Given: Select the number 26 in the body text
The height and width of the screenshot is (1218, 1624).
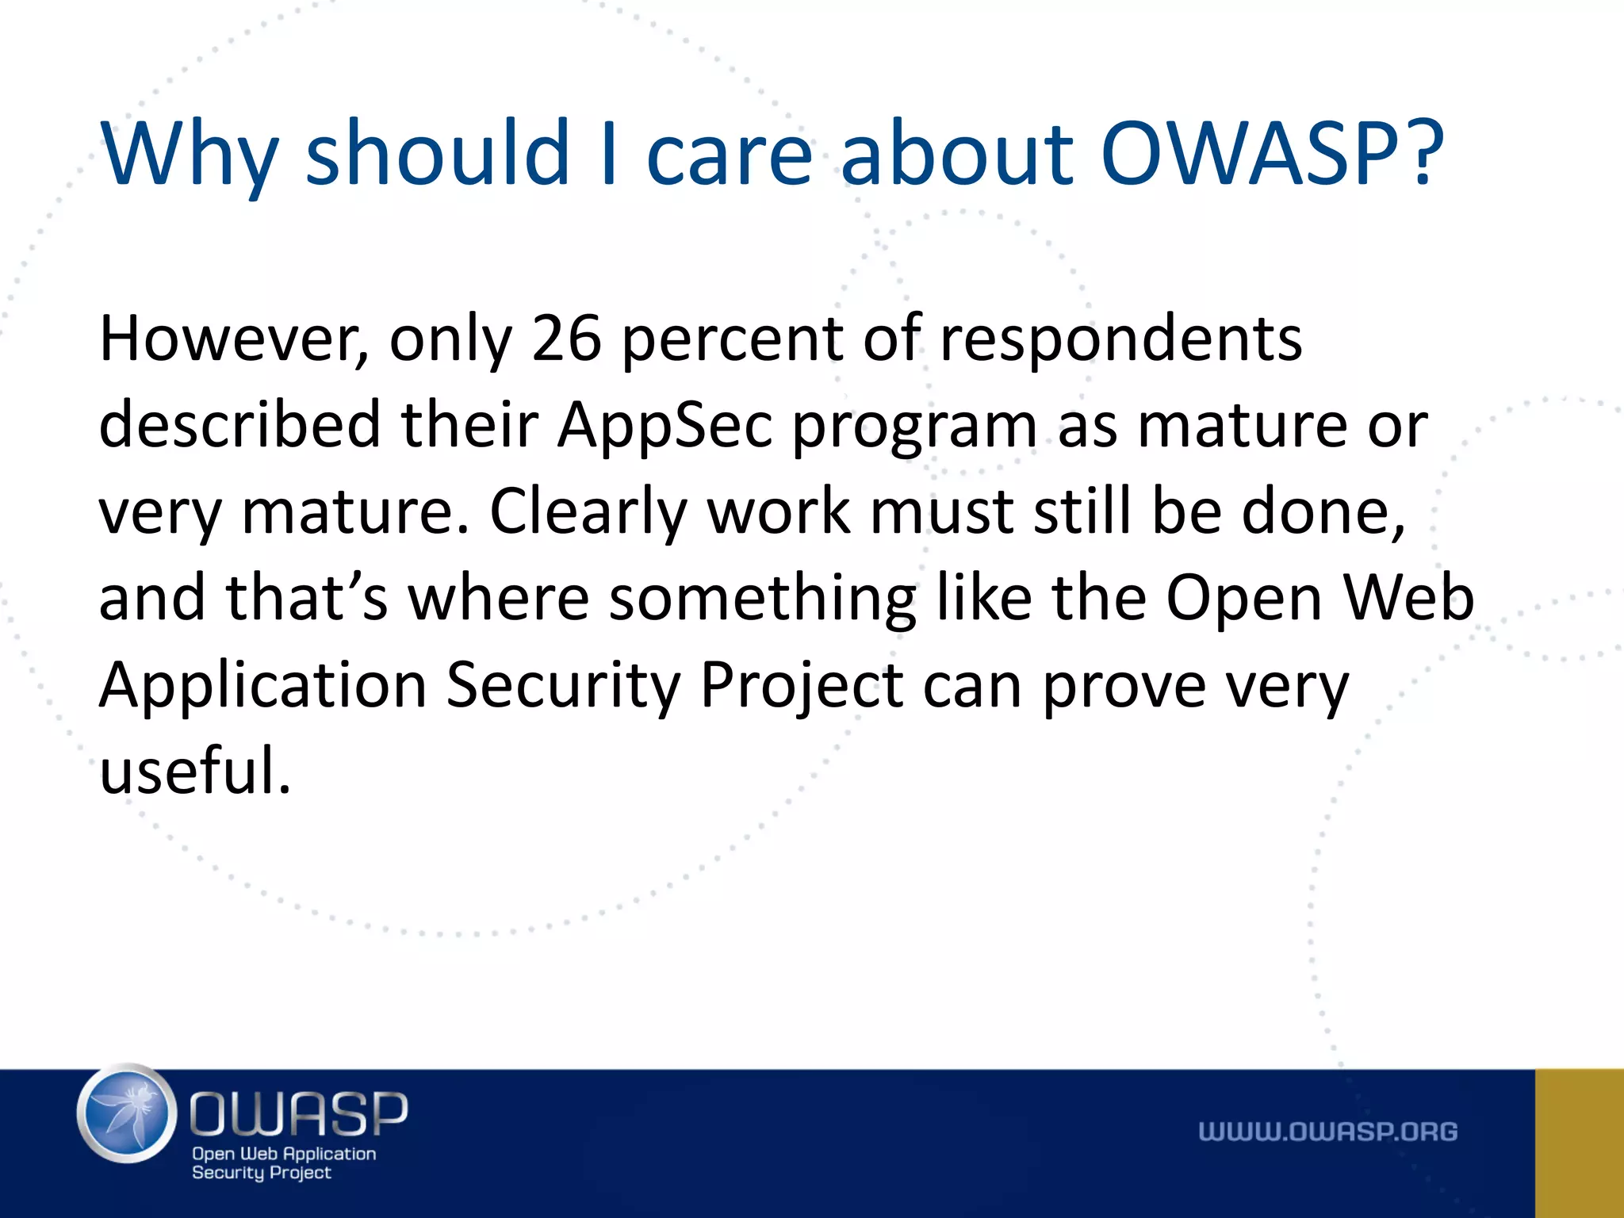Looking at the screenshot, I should click(x=566, y=339).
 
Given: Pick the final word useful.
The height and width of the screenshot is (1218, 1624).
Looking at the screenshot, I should click(x=194, y=771).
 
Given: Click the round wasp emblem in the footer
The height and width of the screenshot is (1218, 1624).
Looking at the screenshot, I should click(x=127, y=1113).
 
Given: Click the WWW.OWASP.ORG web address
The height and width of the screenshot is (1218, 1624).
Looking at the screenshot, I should click(x=1327, y=1132).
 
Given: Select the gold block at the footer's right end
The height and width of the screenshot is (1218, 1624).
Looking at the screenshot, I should click(x=1579, y=1143).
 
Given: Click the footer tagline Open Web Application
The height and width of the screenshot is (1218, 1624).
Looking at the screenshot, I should click(x=284, y=1154).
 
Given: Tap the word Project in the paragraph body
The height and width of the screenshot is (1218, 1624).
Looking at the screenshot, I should click(x=802, y=686).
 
